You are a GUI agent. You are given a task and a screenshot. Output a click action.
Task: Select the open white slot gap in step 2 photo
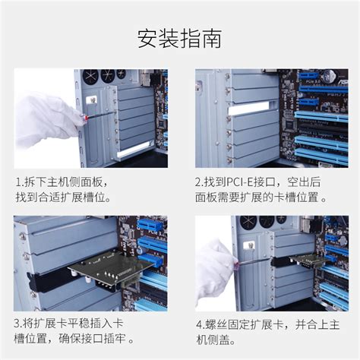coord(254,109)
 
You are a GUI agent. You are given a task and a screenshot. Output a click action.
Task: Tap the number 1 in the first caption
coord(18,182)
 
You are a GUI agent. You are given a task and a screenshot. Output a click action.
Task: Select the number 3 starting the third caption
coord(18,322)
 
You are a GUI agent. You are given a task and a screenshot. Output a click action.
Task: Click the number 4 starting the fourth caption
coord(199,322)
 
